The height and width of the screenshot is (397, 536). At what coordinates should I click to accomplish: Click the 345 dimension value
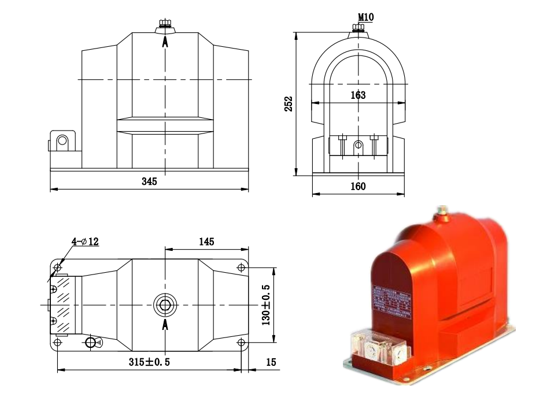[149, 181]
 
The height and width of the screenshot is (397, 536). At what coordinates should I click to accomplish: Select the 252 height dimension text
[289, 103]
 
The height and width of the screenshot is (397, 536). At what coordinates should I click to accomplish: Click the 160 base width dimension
[358, 187]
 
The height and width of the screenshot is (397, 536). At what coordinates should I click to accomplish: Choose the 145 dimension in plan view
[207, 242]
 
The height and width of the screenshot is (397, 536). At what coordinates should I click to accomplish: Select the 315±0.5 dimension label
[149, 362]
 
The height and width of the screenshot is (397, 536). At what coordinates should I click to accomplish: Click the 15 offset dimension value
[271, 362]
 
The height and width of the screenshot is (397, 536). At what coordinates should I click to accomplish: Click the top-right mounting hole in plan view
[241, 267]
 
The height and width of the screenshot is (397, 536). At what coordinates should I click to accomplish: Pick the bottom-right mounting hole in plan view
[241, 343]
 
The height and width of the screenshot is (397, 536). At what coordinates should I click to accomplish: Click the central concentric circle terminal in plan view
[165, 305]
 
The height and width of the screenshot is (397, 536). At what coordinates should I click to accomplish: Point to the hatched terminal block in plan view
[64, 304]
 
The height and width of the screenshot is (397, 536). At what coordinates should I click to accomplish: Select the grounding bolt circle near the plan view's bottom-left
[91, 342]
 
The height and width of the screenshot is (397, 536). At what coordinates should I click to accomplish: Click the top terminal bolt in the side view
[165, 26]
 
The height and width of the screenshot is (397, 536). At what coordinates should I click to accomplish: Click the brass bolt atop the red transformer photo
[442, 211]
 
